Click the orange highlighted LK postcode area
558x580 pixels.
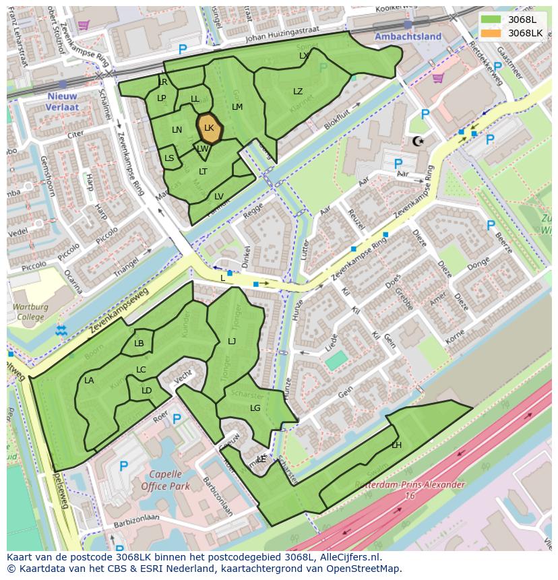point(209,128)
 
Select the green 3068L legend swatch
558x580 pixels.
point(491,19)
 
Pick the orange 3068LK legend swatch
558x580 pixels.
point(491,32)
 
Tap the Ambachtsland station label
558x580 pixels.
point(408,36)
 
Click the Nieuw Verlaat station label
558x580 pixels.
point(63,101)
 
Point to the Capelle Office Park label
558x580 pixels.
point(164,479)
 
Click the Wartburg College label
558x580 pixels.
point(30,311)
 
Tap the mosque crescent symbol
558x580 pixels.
point(418,141)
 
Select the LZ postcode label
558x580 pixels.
point(298,92)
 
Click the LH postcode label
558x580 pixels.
point(396,445)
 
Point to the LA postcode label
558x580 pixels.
point(89,381)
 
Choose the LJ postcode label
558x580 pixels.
point(232,341)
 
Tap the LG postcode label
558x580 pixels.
point(255,408)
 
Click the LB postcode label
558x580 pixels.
point(139,344)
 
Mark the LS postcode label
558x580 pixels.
point(169,159)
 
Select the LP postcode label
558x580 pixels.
point(161,98)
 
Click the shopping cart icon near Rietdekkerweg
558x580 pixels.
point(437,77)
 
